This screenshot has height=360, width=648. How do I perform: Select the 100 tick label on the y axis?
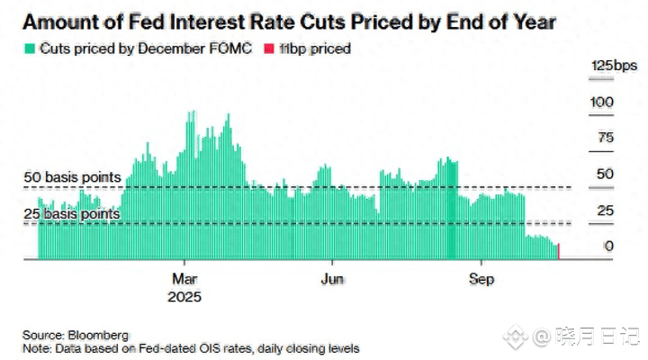[602, 103]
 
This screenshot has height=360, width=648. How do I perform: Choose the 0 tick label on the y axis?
[608, 246]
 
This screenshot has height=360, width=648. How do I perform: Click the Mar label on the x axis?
[184, 279]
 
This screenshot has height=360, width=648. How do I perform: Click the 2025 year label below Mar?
[184, 296]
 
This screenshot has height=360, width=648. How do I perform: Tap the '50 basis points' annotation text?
[73, 177]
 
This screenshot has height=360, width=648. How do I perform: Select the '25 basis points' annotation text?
[73, 214]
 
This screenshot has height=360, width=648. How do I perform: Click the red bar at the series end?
[560, 252]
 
